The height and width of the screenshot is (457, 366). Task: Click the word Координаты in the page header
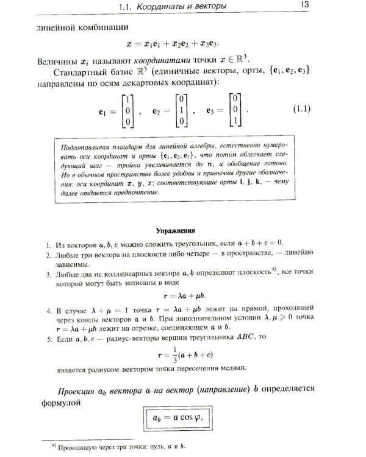click(168, 7)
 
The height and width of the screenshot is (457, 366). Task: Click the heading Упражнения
click(176, 231)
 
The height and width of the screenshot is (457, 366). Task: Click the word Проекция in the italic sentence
click(82, 390)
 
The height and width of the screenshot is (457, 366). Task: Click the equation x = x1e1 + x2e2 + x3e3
click(173, 44)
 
